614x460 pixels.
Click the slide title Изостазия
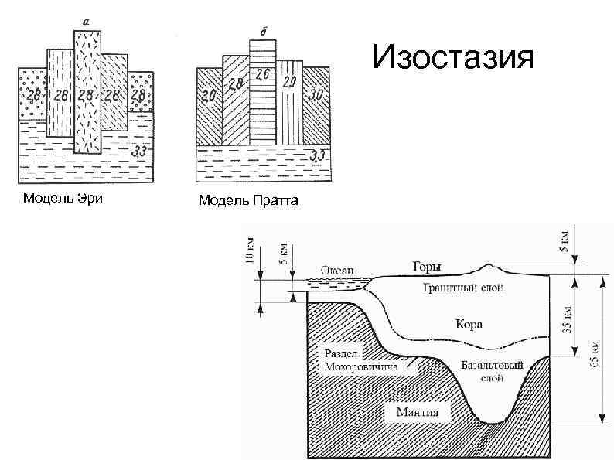coord(452,57)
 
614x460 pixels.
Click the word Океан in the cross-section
coord(336,270)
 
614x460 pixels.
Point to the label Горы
coord(427,267)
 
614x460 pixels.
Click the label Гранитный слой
coord(463,288)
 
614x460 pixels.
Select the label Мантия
coord(418,411)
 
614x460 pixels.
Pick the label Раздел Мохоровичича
coord(360,360)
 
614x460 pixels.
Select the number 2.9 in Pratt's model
coord(289,81)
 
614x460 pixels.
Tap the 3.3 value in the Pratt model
coord(317,157)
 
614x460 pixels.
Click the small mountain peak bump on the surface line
coord(489,268)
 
